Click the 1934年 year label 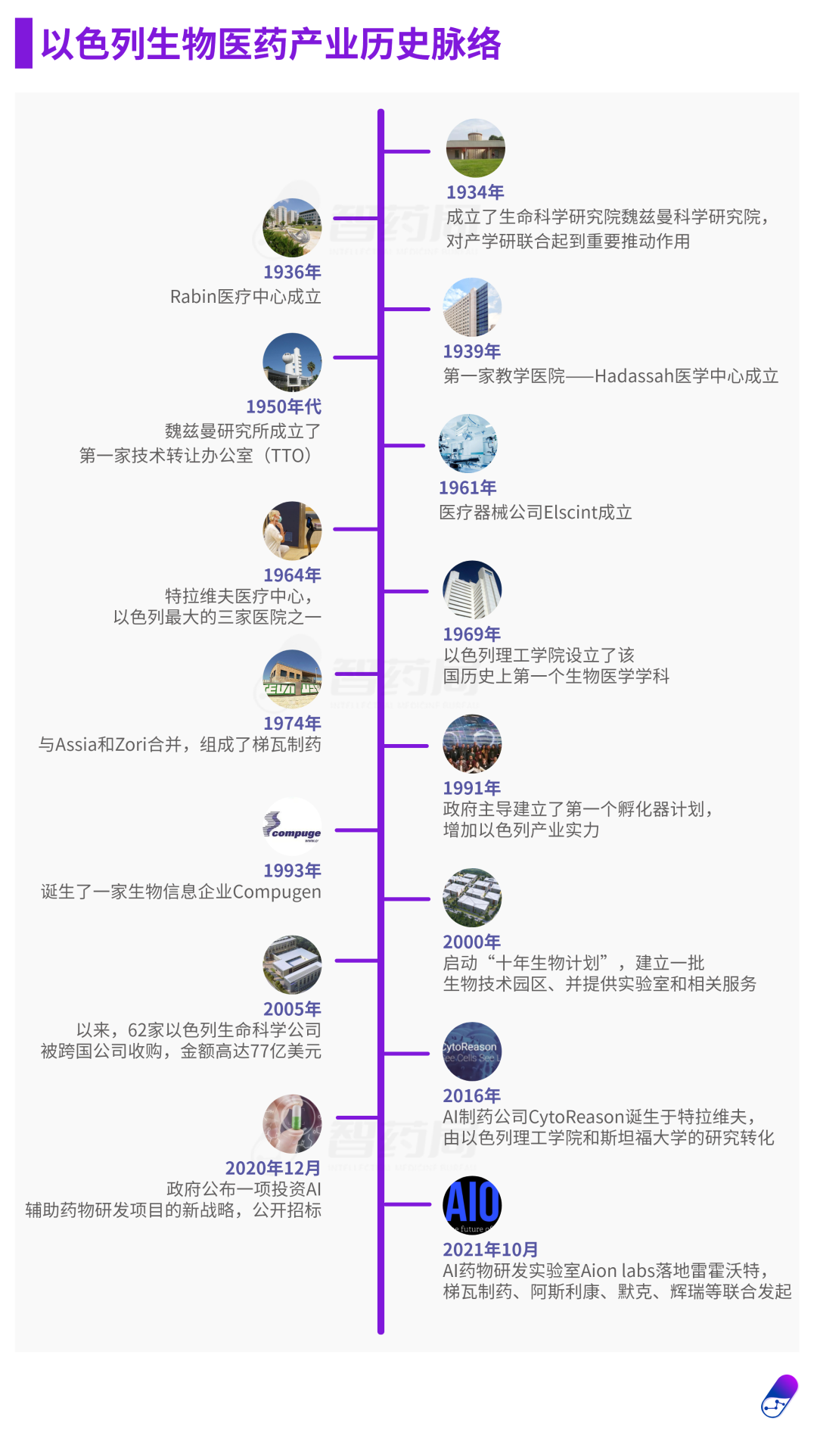point(475,192)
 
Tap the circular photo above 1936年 point(292,227)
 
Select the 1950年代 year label point(284,406)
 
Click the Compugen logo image point(292,827)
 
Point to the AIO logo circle point(472,1204)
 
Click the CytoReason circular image point(472,1051)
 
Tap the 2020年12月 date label point(272,1168)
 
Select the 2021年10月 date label point(490,1249)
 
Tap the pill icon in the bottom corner point(780,1397)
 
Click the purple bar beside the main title point(23,44)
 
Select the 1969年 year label point(472,634)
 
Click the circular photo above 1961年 point(468,444)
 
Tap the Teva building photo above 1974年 point(292,679)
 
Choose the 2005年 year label point(292,1009)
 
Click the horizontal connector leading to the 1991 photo point(406,746)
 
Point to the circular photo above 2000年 point(472,898)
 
